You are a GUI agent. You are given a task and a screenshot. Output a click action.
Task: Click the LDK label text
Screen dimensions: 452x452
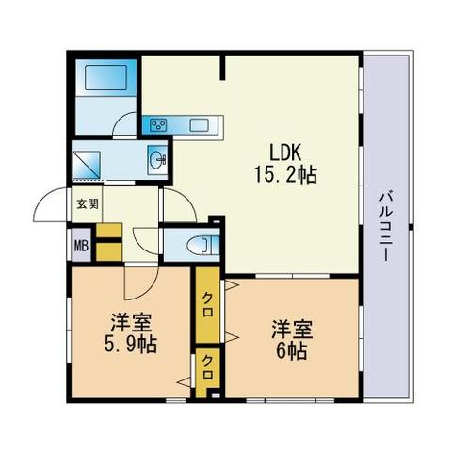point(285,153)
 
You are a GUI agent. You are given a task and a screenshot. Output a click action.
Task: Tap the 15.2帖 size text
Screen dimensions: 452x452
point(285,174)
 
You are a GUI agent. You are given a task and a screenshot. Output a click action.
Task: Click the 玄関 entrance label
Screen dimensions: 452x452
point(88,204)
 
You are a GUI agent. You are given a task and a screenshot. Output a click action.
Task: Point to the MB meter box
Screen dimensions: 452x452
point(81,246)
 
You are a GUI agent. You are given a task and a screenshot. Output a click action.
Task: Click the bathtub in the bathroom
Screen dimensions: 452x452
point(106,77)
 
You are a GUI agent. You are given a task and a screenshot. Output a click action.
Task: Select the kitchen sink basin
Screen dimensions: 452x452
point(199,126)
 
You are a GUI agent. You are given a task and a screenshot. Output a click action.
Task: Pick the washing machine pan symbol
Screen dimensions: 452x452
point(87,166)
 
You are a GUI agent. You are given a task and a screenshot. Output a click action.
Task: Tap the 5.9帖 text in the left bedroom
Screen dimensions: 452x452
point(130,345)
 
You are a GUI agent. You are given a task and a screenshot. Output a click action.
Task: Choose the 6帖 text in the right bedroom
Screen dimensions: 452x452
point(291,351)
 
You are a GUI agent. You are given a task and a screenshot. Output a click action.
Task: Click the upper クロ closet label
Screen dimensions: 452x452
point(208,304)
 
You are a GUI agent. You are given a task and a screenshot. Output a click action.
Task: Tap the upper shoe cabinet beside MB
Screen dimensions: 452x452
point(109,231)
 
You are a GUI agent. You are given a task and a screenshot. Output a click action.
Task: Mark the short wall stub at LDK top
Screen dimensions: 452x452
point(222,68)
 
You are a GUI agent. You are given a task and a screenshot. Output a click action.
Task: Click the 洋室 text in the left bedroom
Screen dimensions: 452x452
point(131,323)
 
